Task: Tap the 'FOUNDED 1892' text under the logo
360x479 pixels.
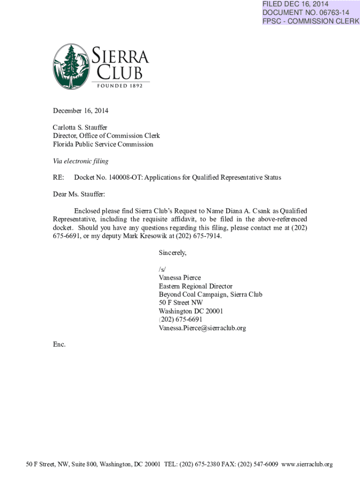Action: pyautogui.click(x=123, y=85)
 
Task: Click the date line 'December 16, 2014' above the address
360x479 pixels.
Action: pyautogui.click(x=80, y=111)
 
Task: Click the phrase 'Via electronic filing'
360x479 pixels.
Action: pyautogui.click(x=80, y=161)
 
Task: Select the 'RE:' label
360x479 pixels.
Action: pyautogui.click(x=58, y=178)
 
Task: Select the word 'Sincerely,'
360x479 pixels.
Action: pyautogui.click(x=173, y=253)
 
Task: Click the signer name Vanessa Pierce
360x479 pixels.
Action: pyautogui.click(x=180, y=278)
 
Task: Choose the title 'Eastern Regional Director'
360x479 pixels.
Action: pyautogui.click(x=195, y=286)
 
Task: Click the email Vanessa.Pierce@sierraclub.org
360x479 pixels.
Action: pyautogui.click(x=202, y=328)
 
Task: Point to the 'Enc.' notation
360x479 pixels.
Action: pyautogui.click(x=59, y=345)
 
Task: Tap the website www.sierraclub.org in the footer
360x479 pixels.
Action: pyautogui.click(x=308, y=464)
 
